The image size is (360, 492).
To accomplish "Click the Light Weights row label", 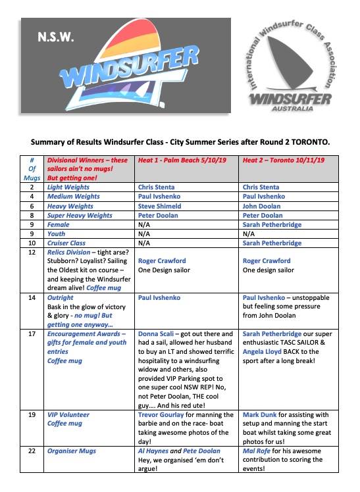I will pyautogui.click(x=68, y=186).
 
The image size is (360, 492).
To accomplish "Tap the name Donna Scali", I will pyautogui.click(x=155, y=334).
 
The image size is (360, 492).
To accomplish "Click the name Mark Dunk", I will pyautogui.click(x=262, y=415).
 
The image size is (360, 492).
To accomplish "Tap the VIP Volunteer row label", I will pyautogui.click(x=68, y=415).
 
